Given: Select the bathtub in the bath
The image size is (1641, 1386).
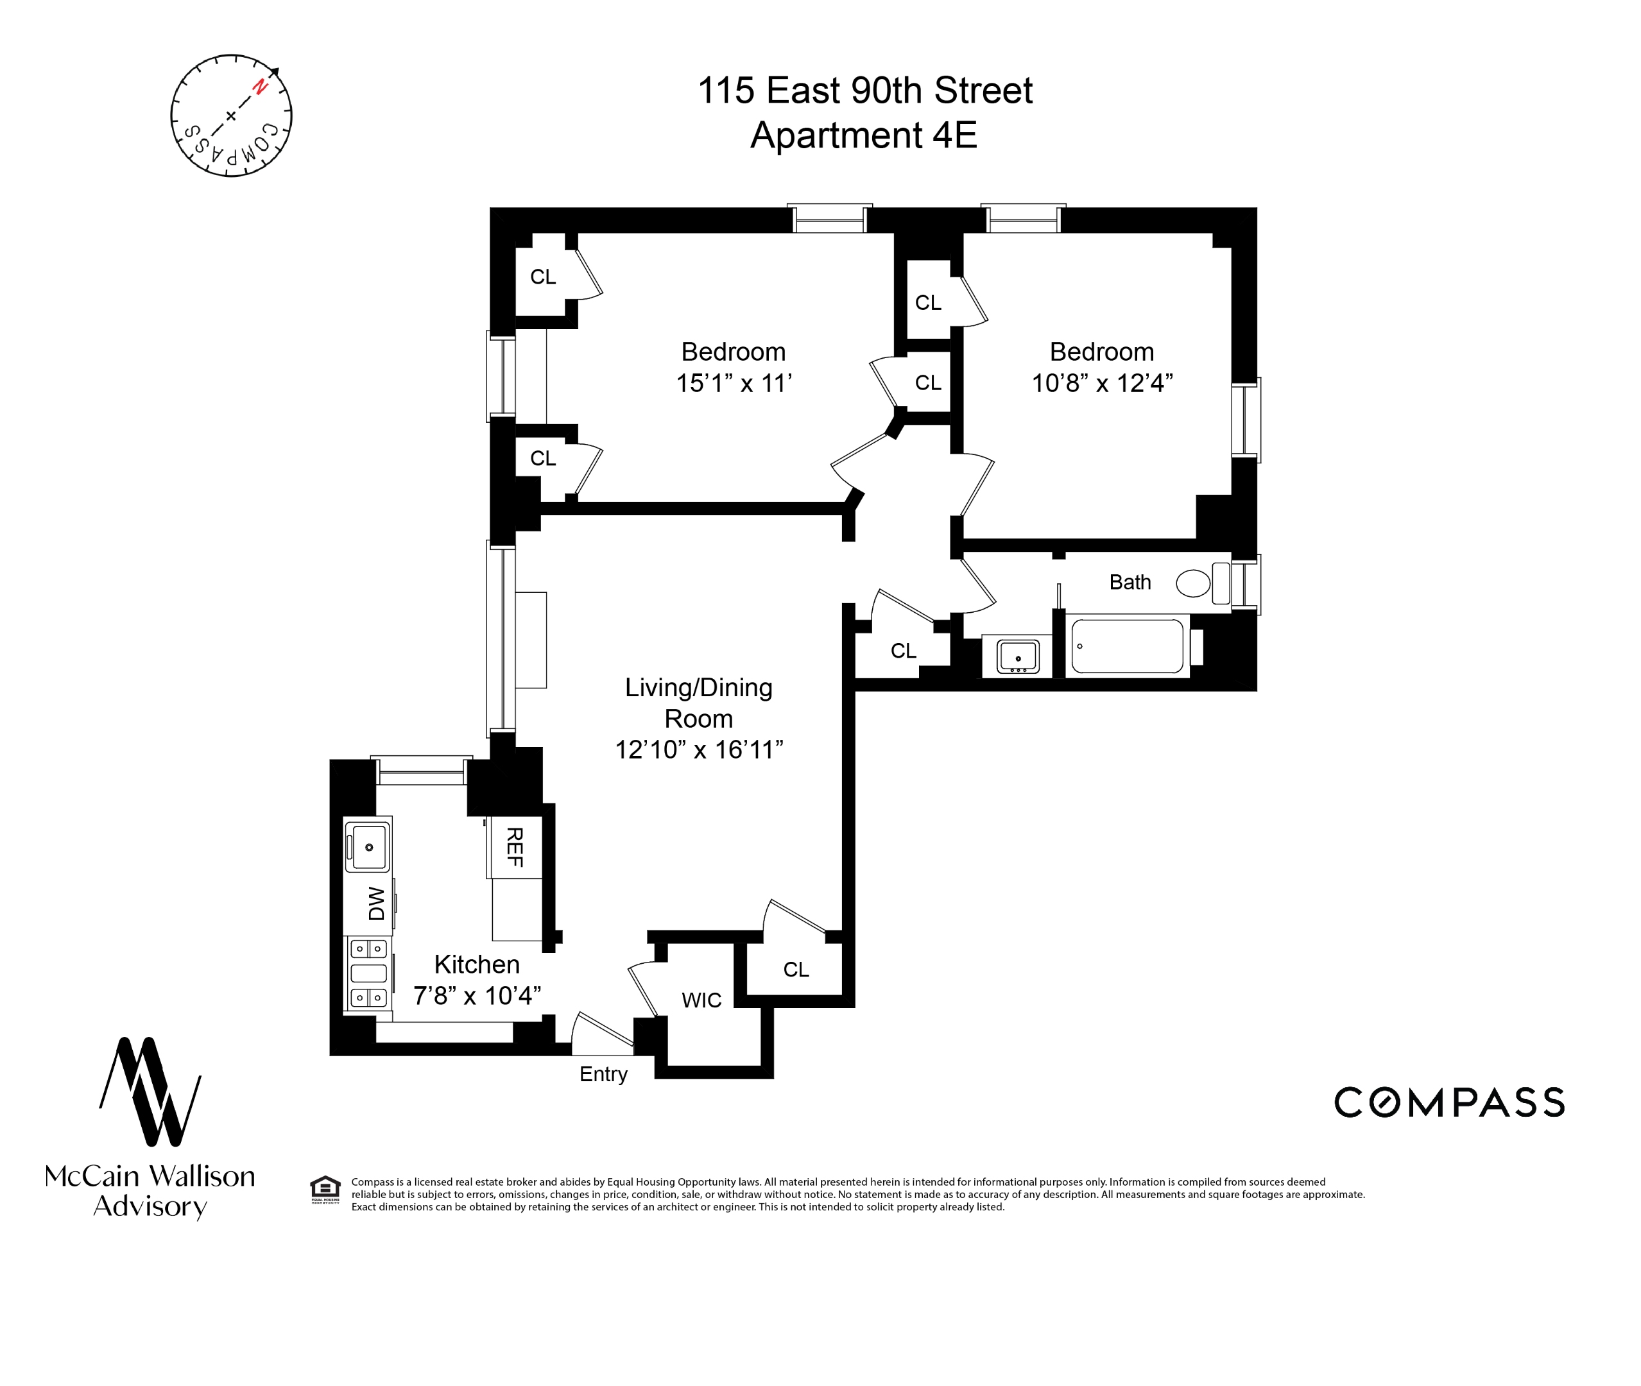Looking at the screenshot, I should coord(1127,646).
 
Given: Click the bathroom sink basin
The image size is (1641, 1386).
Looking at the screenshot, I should coord(1018,656).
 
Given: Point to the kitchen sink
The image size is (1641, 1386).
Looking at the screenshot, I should coord(368,846).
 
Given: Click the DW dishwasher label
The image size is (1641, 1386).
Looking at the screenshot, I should coord(377,903).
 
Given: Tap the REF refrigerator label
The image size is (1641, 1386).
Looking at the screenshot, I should coord(514,847).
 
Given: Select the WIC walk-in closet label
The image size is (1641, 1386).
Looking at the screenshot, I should coord(701,1000).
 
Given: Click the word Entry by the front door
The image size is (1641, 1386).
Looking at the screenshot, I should coord(603,1074).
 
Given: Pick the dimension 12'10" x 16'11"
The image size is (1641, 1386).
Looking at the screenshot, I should coord(699,749).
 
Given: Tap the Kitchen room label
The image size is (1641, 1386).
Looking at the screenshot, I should coord(476,964).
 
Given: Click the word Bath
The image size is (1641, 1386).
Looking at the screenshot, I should coord(1130,582).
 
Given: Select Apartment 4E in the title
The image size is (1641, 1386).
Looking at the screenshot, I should coord(863,135).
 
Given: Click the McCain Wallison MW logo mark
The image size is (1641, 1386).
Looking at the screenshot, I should coord(150,1091).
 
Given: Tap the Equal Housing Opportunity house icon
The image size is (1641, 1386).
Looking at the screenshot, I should coord(325,1187).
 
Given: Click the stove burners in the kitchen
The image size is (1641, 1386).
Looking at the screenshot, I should coord(368,973).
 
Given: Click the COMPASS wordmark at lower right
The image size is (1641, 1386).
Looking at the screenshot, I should coord(1448,1102).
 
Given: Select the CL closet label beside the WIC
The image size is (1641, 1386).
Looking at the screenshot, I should coord(795,970).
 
